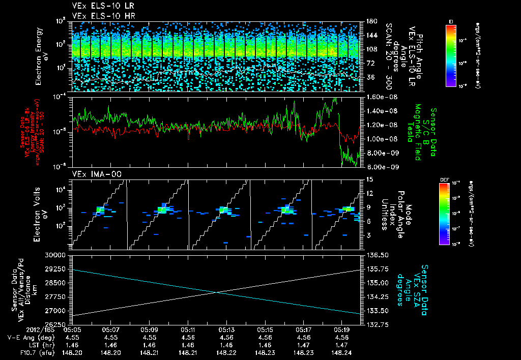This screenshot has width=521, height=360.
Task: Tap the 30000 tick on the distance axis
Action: [57, 255]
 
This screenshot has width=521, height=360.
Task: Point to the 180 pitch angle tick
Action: [370, 21]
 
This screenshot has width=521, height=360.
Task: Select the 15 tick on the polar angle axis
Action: [369, 179]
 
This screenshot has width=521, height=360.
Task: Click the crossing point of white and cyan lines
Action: [218, 292]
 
